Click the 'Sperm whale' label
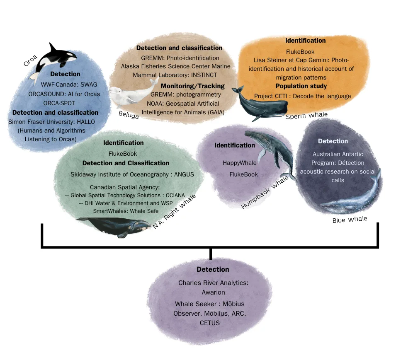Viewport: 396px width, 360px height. (306, 116)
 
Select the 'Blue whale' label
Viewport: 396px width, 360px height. (350, 219)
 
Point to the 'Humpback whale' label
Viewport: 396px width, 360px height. (265, 191)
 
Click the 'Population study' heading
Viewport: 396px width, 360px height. (301, 86)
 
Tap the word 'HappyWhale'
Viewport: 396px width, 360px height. (240, 163)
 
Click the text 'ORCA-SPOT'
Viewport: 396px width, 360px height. (58, 103)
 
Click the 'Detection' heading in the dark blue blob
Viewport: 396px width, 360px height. (333, 141)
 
